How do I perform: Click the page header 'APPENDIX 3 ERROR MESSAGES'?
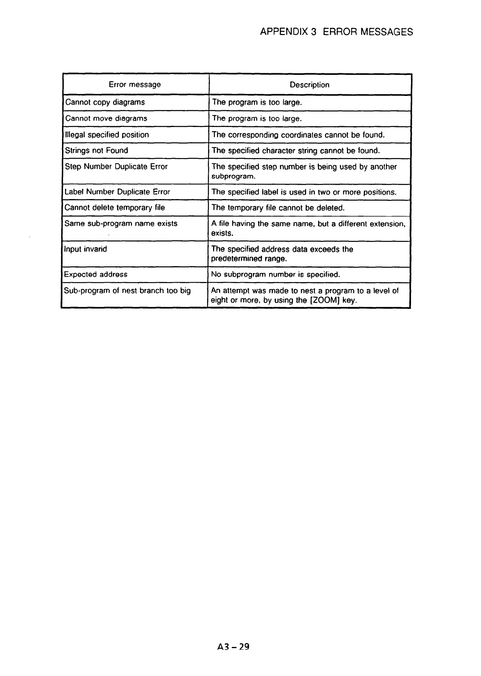pyautogui.click(x=336, y=32)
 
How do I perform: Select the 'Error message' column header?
pyautogui.click(x=135, y=84)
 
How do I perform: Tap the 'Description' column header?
pyautogui.click(x=309, y=85)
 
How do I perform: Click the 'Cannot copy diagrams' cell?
pyautogui.click(x=105, y=102)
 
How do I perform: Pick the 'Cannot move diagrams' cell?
pyautogui.click(x=106, y=118)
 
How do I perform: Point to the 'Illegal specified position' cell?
pyautogui.click(x=107, y=135)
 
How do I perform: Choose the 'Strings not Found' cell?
pyautogui.click(x=96, y=150)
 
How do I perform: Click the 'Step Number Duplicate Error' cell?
pyautogui.click(x=116, y=166)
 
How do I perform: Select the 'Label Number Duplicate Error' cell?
pyautogui.click(x=117, y=192)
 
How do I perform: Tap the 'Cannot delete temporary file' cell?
pyautogui.click(x=114, y=207)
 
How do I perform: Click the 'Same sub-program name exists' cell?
pyautogui.click(x=121, y=223)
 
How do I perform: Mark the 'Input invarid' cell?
pyautogui.click(x=85, y=249)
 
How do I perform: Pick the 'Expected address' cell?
pyautogui.click(x=96, y=274)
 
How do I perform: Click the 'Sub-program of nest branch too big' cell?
pyautogui.click(x=127, y=291)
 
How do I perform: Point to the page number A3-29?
pyautogui.click(x=231, y=647)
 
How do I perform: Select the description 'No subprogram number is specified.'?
pyautogui.click(x=276, y=275)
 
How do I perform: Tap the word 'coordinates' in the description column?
pyautogui.click(x=302, y=135)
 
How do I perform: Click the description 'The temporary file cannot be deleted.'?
pyautogui.click(x=278, y=208)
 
